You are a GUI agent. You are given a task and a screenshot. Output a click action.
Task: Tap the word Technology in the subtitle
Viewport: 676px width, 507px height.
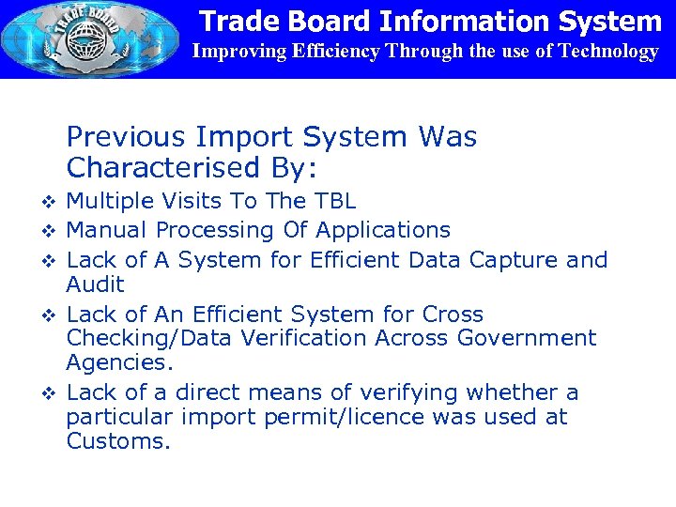(x=608, y=52)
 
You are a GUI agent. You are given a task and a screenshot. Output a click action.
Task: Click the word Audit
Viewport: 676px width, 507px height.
(x=95, y=284)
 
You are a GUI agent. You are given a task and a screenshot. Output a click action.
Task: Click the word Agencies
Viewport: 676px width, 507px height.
(x=107, y=362)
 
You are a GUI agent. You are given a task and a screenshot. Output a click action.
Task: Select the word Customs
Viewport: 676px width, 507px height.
(x=117, y=441)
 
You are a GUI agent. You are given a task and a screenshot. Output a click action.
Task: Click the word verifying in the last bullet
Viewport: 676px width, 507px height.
(x=397, y=392)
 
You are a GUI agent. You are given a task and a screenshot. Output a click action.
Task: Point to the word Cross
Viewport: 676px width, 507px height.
(x=453, y=315)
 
